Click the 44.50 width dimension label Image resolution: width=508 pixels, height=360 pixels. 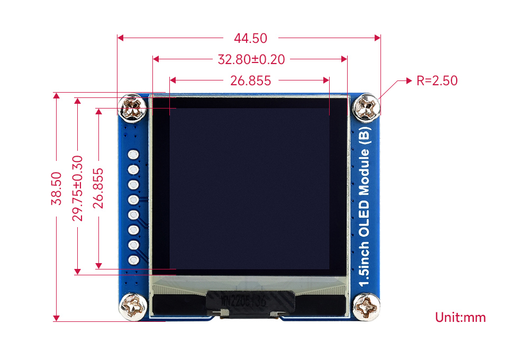tap(250, 38)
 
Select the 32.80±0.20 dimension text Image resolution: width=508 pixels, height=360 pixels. tap(251, 59)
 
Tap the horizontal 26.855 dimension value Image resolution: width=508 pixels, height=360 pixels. tap(250, 80)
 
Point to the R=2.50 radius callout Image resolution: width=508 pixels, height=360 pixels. tap(437, 80)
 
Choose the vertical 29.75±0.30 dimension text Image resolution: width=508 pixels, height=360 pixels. tap(77, 188)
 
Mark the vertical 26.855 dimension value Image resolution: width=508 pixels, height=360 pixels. tap(98, 188)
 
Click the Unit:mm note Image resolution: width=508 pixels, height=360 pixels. tap(460, 318)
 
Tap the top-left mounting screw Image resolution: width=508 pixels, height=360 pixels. tap(133, 108)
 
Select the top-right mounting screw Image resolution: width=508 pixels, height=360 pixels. tap(367, 107)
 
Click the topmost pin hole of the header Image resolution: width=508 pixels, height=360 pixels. tap(133, 155)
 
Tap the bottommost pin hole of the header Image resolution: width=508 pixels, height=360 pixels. tap(133, 260)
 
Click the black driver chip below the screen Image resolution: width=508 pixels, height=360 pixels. tap(250, 303)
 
